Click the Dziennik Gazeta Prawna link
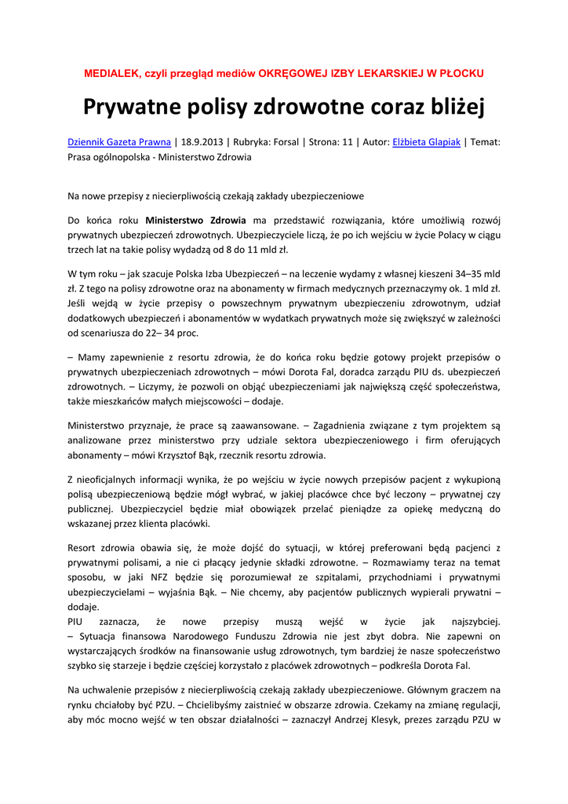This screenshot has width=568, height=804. (x=118, y=142)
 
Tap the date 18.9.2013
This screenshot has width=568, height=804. (x=202, y=142)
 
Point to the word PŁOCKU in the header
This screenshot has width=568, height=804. (x=461, y=73)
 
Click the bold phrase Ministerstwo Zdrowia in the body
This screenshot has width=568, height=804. (x=195, y=219)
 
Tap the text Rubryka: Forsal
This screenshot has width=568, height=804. (x=264, y=142)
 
